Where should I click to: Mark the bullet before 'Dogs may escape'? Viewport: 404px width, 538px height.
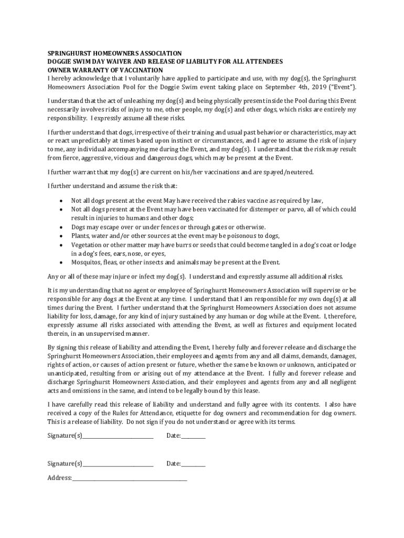tap(62, 227)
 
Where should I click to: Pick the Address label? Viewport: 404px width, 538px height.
tap(59, 478)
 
